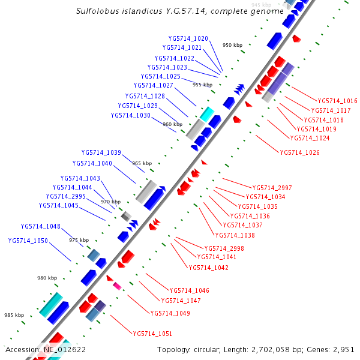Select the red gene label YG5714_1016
(337, 101)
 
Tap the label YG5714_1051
(152, 334)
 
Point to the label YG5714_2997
(272, 188)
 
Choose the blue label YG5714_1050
(28, 241)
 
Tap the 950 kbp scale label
(232, 45)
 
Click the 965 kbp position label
(142, 163)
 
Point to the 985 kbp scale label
(14, 315)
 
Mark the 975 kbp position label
(79, 240)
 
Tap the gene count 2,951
(343, 349)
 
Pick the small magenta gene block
(117, 286)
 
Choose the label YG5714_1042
(208, 268)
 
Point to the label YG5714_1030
(130, 115)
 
